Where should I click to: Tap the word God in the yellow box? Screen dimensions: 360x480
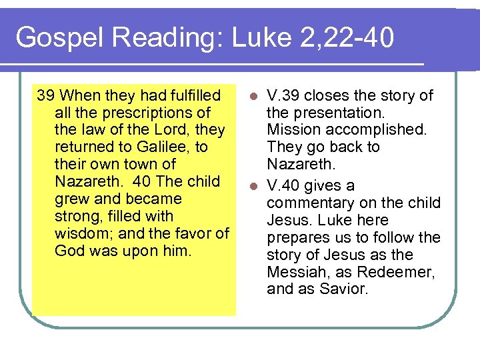(x=69, y=251)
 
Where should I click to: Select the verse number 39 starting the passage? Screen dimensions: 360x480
(x=46, y=95)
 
